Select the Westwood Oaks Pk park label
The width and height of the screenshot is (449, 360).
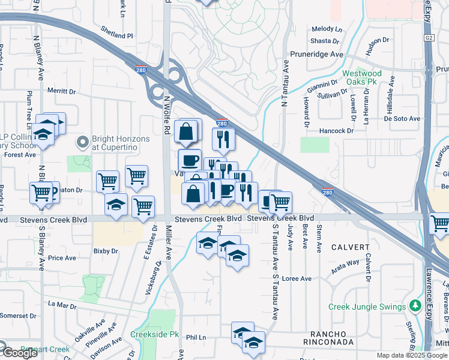[x=362, y=78]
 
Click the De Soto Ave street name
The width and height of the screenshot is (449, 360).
[x=402, y=119]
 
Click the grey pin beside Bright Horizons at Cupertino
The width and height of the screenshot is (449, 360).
[x=82, y=142]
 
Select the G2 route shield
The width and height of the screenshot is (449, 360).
[x=429, y=37]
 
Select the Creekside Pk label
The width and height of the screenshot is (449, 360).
[x=155, y=334]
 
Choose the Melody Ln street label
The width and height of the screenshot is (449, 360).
[x=326, y=29]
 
